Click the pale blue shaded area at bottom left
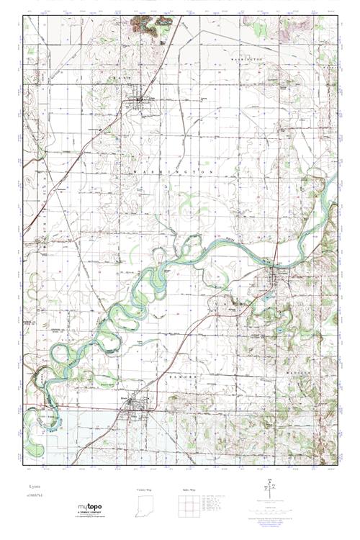72,432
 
